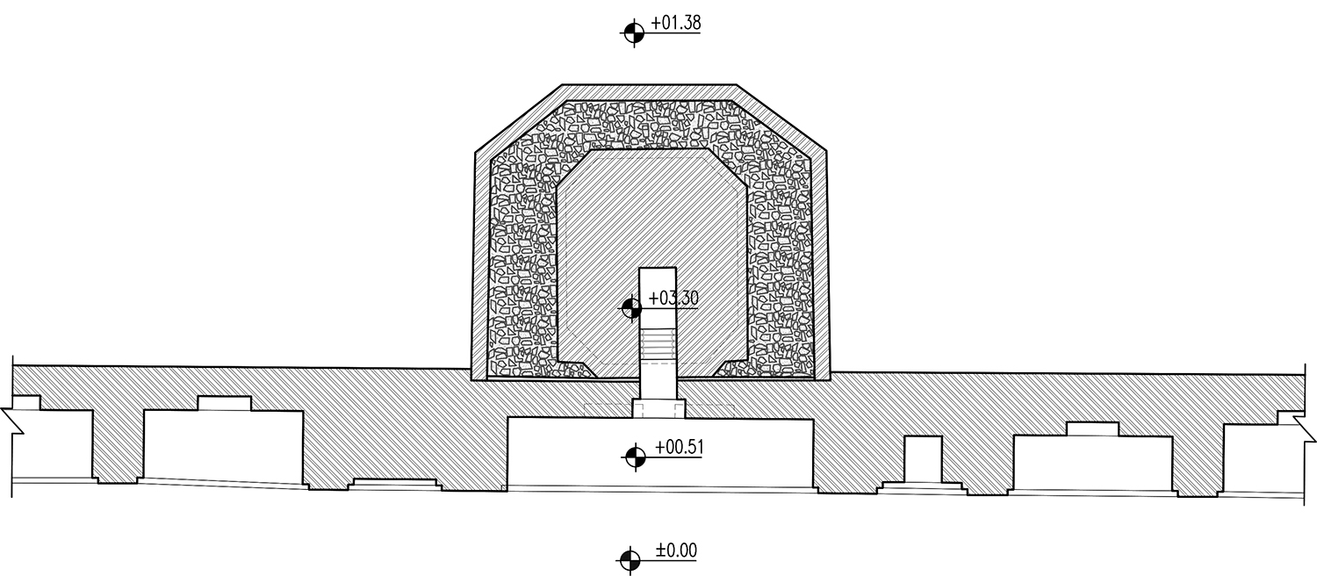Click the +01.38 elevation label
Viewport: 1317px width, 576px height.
click(x=675, y=23)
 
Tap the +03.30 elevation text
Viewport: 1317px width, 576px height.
click(x=673, y=298)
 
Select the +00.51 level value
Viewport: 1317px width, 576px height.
click(x=679, y=447)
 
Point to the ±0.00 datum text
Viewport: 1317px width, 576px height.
click(x=676, y=551)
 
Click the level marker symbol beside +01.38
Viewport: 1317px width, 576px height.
click(x=634, y=32)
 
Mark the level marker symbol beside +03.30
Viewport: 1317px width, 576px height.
click(x=632, y=308)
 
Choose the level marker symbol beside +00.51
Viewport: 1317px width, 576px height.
click(x=635, y=457)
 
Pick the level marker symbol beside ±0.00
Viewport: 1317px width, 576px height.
click(x=630, y=559)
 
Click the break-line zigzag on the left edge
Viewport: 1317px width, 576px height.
click(x=11, y=422)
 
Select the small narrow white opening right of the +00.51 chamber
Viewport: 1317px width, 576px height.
click(x=923, y=459)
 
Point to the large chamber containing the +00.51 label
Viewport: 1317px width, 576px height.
click(x=660, y=453)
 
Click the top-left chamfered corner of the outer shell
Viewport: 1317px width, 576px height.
click(x=519, y=119)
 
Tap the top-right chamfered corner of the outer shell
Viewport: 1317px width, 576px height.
click(x=782, y=118)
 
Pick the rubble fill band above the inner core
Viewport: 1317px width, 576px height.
click(x=651, y=125)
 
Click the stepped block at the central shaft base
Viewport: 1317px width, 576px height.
click(x=658, y=408)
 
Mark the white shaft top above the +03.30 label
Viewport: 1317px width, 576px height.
click(x=658, y=280)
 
